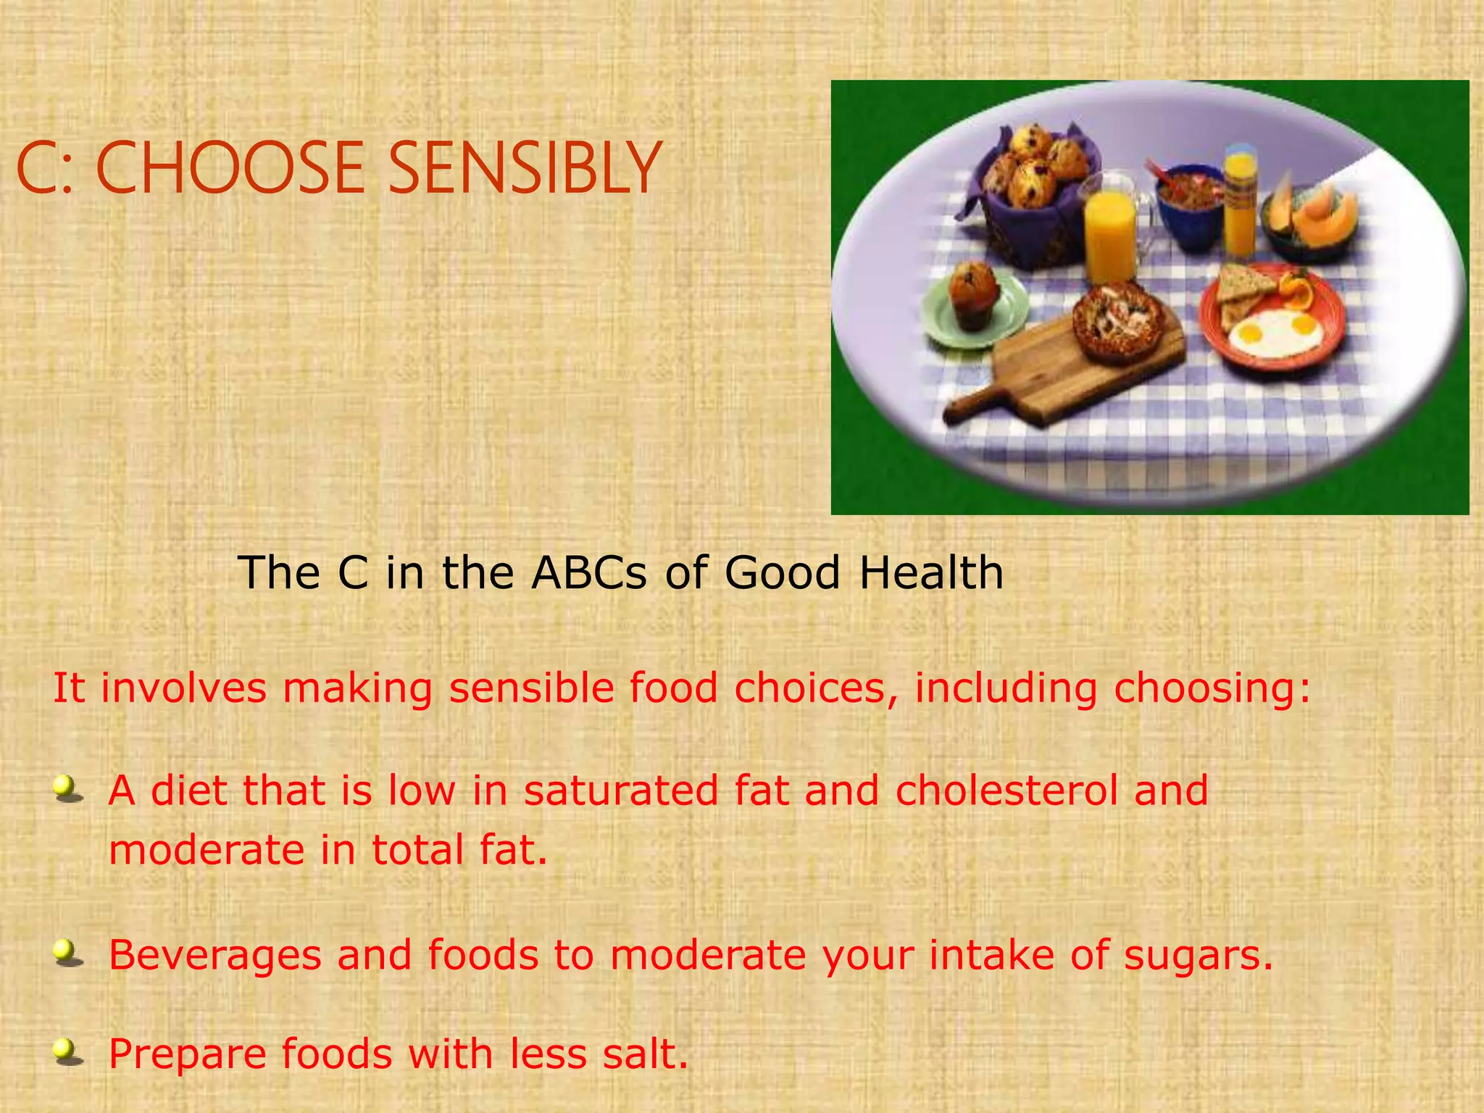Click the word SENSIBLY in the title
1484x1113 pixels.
pyautogui.click(x=524, y=168)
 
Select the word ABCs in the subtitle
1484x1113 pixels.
pyautogui.click(x=589, y=572)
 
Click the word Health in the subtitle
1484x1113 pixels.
pyautogui.click(x=931, y=572)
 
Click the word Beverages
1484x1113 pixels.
pyautogui.click(x=214, y=955)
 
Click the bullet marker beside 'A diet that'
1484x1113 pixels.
pyautogui.click(x=68, y=788)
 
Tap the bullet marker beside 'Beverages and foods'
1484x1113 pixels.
pyautogui.click(x=68, y=953)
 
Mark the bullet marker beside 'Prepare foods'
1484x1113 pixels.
pyautogui.click(x=68, y=1051)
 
